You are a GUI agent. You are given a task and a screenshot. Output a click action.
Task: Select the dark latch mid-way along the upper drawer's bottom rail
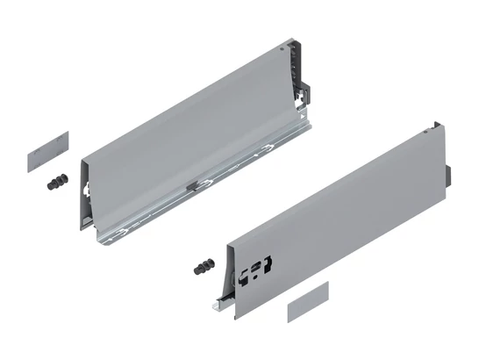tap(191, 185)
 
